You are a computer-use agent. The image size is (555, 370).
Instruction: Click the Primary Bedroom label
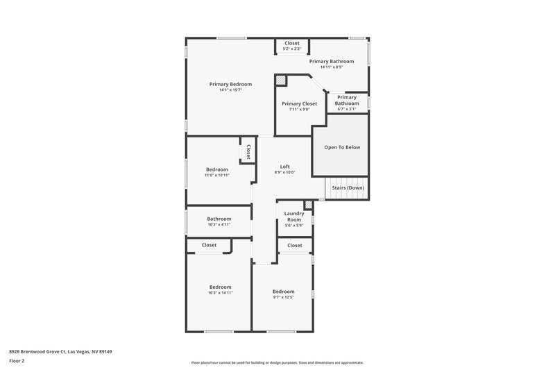click(x=230, y=84)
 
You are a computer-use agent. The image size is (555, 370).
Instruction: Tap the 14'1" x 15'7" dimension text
click(x=230, y=90)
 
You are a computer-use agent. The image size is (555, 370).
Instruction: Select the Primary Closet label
click(x=299, y=103)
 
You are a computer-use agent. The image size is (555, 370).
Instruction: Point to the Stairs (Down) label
click(x=346, y=187)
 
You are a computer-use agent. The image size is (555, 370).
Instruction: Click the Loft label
click(x=284, y=167)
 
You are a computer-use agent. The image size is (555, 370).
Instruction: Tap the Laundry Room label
click(x=294, y=217)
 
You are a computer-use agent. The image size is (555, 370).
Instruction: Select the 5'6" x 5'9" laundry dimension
click(x=294, y=226)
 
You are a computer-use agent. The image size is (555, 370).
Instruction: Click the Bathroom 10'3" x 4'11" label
click(x=219, y=219)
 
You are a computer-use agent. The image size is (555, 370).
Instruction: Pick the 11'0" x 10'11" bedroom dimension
click(x=216, y=175)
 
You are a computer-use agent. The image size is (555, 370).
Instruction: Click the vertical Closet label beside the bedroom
click(x=248, y=152)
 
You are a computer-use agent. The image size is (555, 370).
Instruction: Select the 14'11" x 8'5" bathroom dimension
click(x=332, y=67)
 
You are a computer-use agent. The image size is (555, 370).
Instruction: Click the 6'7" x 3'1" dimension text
click(x=347, y=109)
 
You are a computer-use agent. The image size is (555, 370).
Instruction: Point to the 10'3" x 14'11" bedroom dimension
click(x=220, y=293)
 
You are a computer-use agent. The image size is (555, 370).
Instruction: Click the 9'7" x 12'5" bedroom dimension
click(x=283, y=297)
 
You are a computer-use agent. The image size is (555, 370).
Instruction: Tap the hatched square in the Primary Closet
click(x=282, y=80)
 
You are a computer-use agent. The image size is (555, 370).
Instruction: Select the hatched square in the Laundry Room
click(x=308, y=205)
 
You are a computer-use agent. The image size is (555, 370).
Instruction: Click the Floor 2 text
click(x=17, y=361)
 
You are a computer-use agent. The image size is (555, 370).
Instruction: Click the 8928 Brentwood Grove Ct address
click(x=60, y=351)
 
